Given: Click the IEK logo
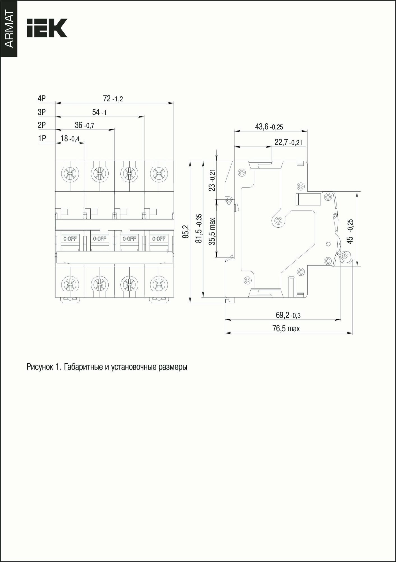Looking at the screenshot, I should [47, 28].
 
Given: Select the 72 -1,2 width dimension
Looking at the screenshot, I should [113, 99].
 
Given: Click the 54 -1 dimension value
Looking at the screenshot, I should [99, 112].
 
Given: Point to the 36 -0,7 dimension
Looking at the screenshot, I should [84, 125].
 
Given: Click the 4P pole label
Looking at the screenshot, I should [42, 99].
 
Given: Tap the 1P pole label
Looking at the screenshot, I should [42, 139].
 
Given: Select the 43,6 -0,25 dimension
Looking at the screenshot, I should [269, 127].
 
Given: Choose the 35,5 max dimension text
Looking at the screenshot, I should [212, 231].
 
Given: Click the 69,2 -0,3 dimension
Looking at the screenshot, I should [288, 315].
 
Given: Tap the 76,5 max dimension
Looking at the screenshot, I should [286, 328].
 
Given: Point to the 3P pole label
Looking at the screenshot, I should [42, 112].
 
